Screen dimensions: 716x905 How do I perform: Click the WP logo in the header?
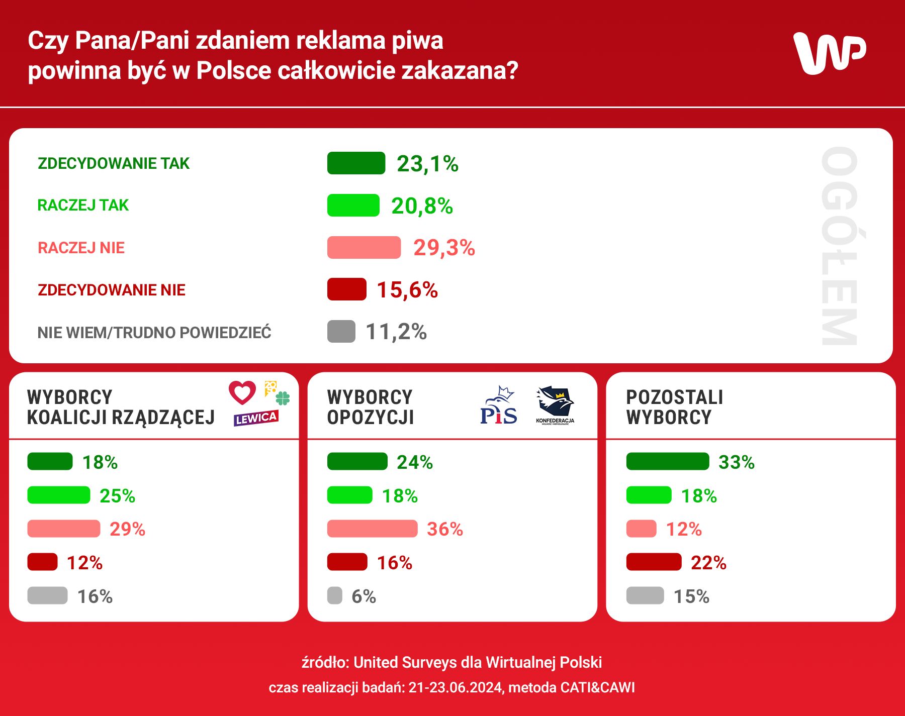click(x=830, y=53)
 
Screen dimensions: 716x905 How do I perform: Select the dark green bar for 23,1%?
click(x=356, y=163)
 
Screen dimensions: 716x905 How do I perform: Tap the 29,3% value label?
click(x=444, y=248)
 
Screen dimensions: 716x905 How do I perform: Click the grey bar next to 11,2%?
click(x=341, y=332)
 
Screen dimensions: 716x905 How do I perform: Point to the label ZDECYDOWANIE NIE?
click(x=112, y=290)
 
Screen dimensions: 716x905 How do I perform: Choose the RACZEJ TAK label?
click(x=83, y=205)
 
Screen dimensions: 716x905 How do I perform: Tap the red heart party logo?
click(x=242, y=392)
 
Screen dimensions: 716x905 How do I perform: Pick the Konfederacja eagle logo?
click(x=555, y=405)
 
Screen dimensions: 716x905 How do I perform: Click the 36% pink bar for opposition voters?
click(x=372, y=529)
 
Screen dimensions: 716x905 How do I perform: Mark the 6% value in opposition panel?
click(x=364, y=596)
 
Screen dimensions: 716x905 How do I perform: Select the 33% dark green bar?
click(x=667, y=461)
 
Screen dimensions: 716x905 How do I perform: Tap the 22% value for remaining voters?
click(x=708, y=563)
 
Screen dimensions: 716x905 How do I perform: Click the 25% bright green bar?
click(x=58, y=495)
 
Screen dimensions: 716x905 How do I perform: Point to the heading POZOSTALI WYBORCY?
click(x=674, y=407)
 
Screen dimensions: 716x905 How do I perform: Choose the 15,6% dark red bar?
click(x=346, y=289)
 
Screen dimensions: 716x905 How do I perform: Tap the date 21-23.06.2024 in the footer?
click(x=456, y=687)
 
